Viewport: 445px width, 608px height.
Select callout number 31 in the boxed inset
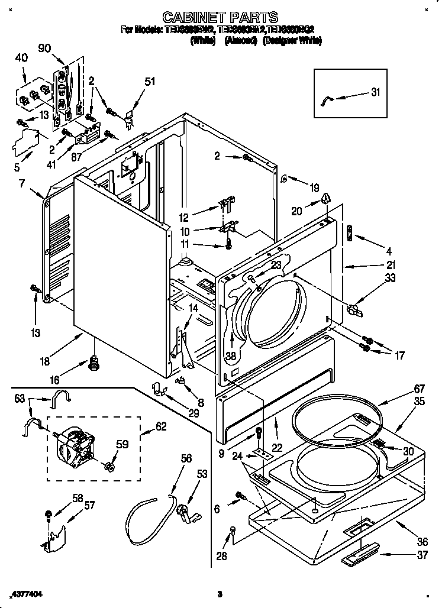coord(375,92)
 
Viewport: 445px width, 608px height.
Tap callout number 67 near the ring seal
coord(402,388)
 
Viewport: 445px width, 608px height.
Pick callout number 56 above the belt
coord(186,458)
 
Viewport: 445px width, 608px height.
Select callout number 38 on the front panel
coord(231,355)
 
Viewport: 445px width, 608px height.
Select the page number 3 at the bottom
coord(219,593)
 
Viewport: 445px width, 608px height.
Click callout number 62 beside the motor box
coord(160,426)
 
